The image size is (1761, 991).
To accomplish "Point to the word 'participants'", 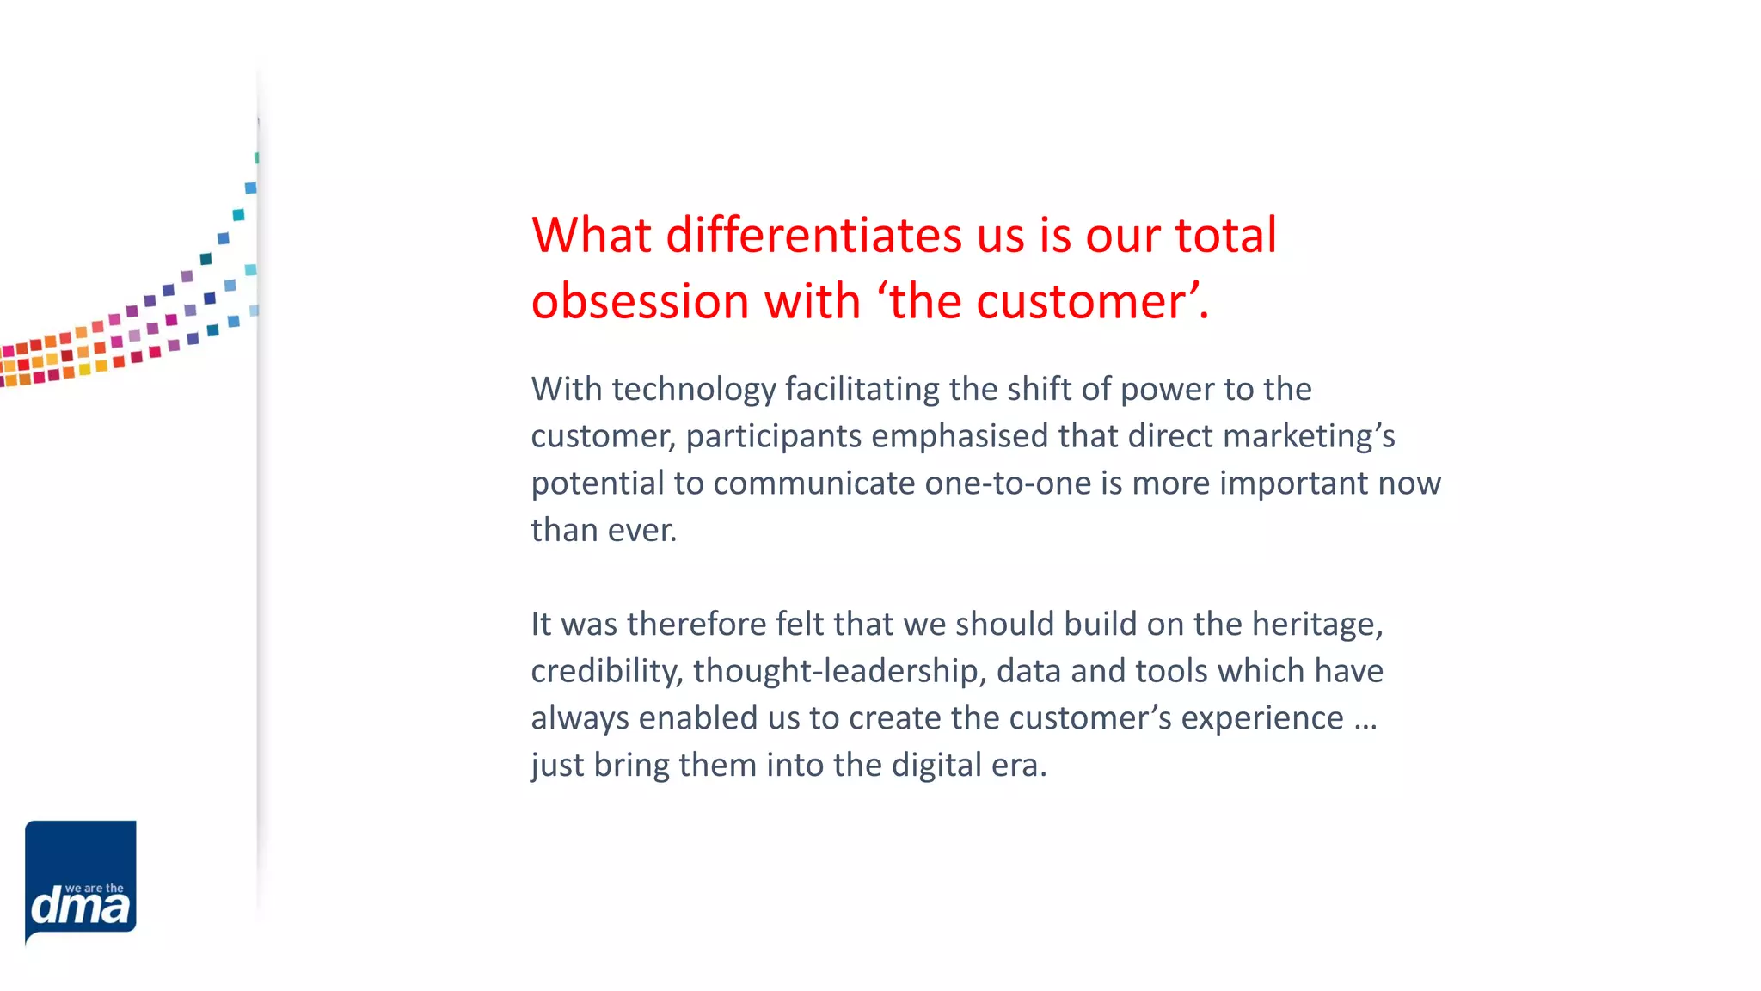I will [773, 436].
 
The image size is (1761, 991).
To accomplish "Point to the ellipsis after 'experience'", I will [1365, 719].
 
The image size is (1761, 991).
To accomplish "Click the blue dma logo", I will [81, 879].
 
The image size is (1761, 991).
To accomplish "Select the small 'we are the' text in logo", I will [95, 888].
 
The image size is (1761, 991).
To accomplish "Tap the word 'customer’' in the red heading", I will [1087, 301].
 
